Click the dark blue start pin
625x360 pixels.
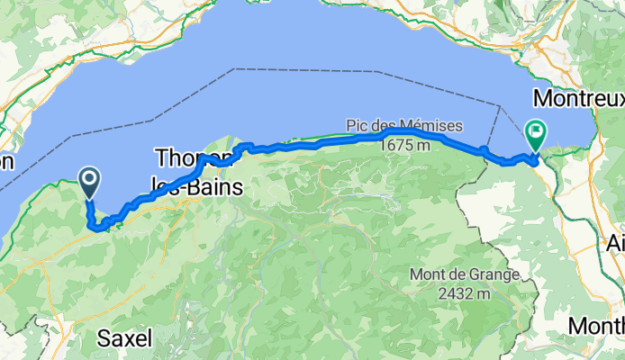90,183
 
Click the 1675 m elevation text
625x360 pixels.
404,143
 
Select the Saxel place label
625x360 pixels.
123,338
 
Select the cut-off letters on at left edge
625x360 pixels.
7,162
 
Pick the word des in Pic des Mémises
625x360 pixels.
385,125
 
